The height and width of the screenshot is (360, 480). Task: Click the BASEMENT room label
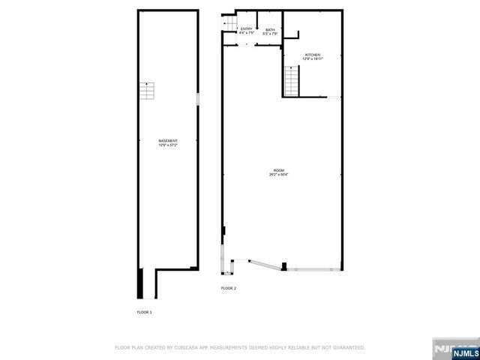click(x=168, y=141)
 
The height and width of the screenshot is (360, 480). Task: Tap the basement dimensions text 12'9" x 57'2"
click(x=168, y=145)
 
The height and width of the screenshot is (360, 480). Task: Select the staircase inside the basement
click(x=148, y=91)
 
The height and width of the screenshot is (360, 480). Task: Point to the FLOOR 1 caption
click(x=144, y=311)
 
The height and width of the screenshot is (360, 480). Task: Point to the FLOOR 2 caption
click(x=228, y=288)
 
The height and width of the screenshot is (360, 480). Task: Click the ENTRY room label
click(x=247, y=29)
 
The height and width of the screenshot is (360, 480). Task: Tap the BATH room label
click(x=270, y=29)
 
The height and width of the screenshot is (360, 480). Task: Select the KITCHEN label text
click(x=313, y=55)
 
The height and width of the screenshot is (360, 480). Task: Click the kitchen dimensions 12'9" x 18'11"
click(x=313, y=60)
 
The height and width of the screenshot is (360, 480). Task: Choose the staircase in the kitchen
click(x=291, y=80)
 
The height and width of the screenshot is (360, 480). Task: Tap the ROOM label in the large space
click(x=279, y=169)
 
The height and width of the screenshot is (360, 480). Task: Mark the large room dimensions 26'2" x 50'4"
click(x=279, y=174)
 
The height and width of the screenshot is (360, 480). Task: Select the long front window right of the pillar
click(x=315, y=268)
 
